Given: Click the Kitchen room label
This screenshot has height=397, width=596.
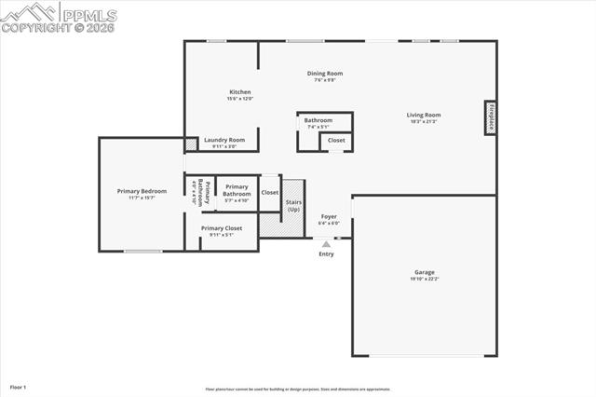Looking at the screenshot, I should point(240,91).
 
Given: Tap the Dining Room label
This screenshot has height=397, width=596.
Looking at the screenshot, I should point(325,74).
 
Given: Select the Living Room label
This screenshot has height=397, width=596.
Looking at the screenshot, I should point(423,116).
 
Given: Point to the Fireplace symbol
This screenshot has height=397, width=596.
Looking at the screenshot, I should point(489,119).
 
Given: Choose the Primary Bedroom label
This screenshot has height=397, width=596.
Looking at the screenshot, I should point(142,191).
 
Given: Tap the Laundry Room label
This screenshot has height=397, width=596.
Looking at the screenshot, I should point(224,140).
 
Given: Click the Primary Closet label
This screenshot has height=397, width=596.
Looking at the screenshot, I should point(221,228).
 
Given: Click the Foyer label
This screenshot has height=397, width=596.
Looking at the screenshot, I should point(329,216).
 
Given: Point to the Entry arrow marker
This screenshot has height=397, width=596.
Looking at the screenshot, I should point(326,242).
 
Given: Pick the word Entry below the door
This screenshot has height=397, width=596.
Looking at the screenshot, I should point(326,253).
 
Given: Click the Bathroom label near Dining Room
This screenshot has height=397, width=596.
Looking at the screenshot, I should point(318,120).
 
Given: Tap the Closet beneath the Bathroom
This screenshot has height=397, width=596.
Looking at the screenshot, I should point(336,140).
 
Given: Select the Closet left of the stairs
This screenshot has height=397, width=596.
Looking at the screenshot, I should point(269,192).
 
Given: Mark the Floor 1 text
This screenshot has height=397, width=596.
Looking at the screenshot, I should point(19,386).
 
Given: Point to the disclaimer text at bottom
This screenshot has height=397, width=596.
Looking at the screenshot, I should point(297,389).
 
